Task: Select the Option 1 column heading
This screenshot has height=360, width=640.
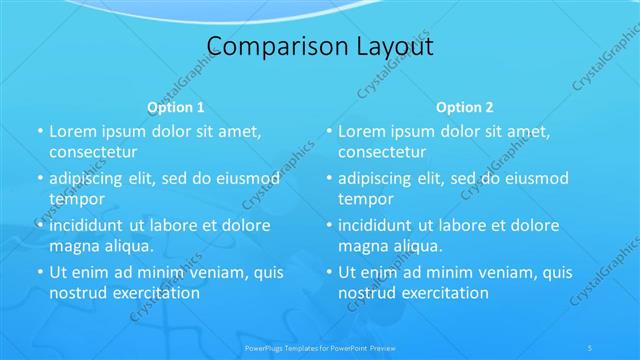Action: click(176, 106)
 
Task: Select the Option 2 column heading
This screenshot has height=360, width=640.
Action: click(465, 106)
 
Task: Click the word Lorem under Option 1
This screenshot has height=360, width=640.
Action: click(73, 131)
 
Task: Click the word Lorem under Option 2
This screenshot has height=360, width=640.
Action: click(362, 131)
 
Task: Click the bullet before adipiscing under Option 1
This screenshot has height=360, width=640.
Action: click(39, 178)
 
